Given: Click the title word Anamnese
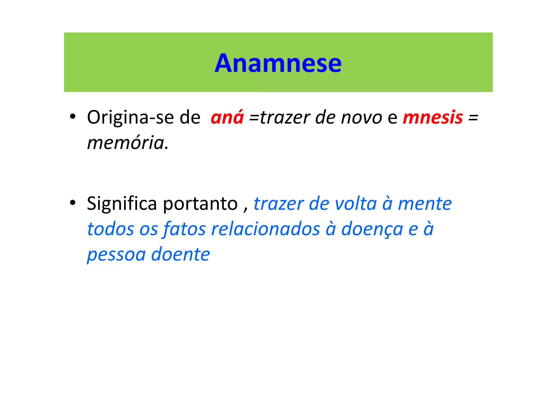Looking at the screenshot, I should click(x=278, y=63).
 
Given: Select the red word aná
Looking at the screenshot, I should click(x=227, y=118).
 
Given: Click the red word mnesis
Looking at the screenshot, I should click(x=433, y=118).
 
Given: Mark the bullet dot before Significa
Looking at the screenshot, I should click(x=72, y=203).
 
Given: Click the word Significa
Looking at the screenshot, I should click(x=122, y=204).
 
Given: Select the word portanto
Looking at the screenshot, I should click(x=200, y=204).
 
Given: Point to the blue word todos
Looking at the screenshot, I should click(x=110, y=229).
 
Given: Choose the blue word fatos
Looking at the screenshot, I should click(x=184, y=229).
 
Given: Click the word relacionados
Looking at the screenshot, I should click(x=266, y=229).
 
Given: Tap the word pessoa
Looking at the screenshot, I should click(x=116, y=255).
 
